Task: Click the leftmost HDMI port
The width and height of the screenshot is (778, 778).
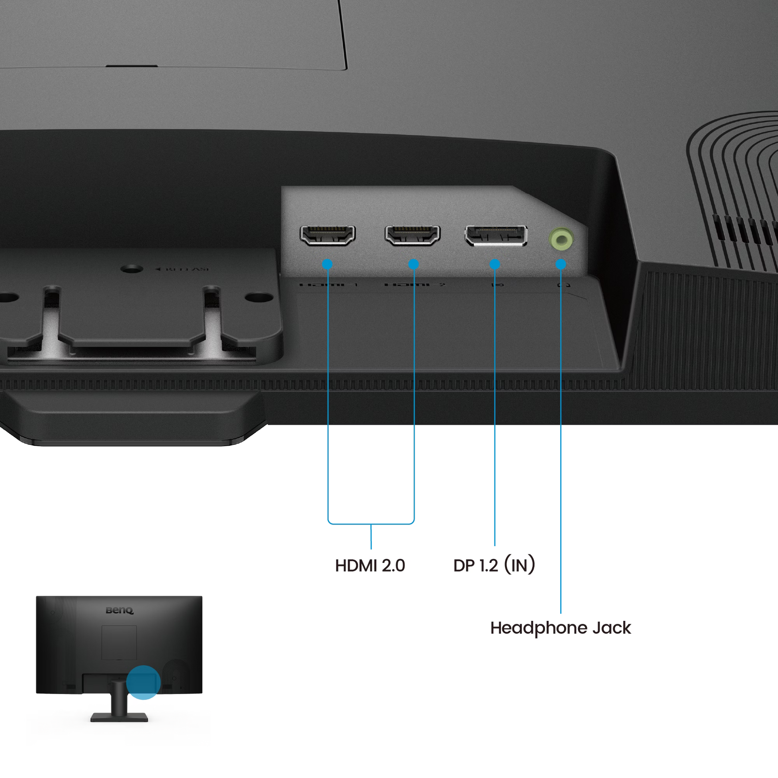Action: (x=327, y=235)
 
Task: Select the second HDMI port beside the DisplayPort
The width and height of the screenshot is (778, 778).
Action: (x=412, y=235)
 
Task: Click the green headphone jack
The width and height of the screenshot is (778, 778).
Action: (x=561, y=239)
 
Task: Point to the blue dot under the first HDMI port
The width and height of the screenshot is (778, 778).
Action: (x=327, y=264)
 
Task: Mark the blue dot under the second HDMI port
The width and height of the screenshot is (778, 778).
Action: (x=413, y=264)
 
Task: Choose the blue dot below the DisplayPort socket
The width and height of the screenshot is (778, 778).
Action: (x=495, y=264)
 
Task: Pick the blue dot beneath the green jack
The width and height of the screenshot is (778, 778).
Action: (x=561, y=264)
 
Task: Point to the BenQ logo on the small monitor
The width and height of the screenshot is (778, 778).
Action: (x=119, y=611)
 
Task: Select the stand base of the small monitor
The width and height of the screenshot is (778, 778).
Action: (x=119, y=717)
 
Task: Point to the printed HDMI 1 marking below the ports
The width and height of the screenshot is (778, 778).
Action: (x=329, y=285)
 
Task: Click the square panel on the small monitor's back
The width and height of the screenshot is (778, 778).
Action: (x=119, y=643)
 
